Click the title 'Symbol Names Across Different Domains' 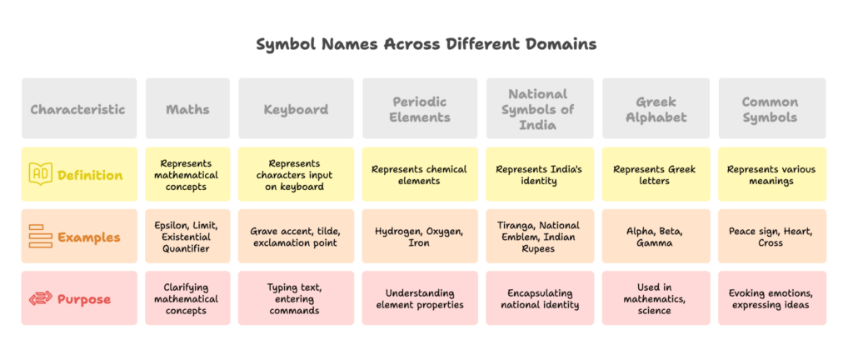(x=426, y=44)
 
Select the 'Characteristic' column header (x=78, y=109)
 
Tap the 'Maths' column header (x=187, y=109)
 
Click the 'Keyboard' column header (x=296, y=109)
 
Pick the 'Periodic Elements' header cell (x=421, y=109)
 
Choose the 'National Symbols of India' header (x=537, y=109)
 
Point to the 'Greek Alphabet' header (x=656, y=109)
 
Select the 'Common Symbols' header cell (x=770, y=109)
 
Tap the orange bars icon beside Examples (x=40, y=237)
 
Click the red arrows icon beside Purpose (x=40, y=298)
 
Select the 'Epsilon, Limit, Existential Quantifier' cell (x=187, y=237)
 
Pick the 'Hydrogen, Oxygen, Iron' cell (x=421, y=237)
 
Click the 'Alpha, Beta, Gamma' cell (x=656, y=237)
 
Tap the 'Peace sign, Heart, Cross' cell (x=770, y=237)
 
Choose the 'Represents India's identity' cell (x=537, y=175)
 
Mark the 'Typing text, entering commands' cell (x=296, y=298)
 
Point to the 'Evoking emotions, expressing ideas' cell (x=770, y=298)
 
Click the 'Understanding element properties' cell (x=421, y=298)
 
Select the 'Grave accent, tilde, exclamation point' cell (x=296, y=237)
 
